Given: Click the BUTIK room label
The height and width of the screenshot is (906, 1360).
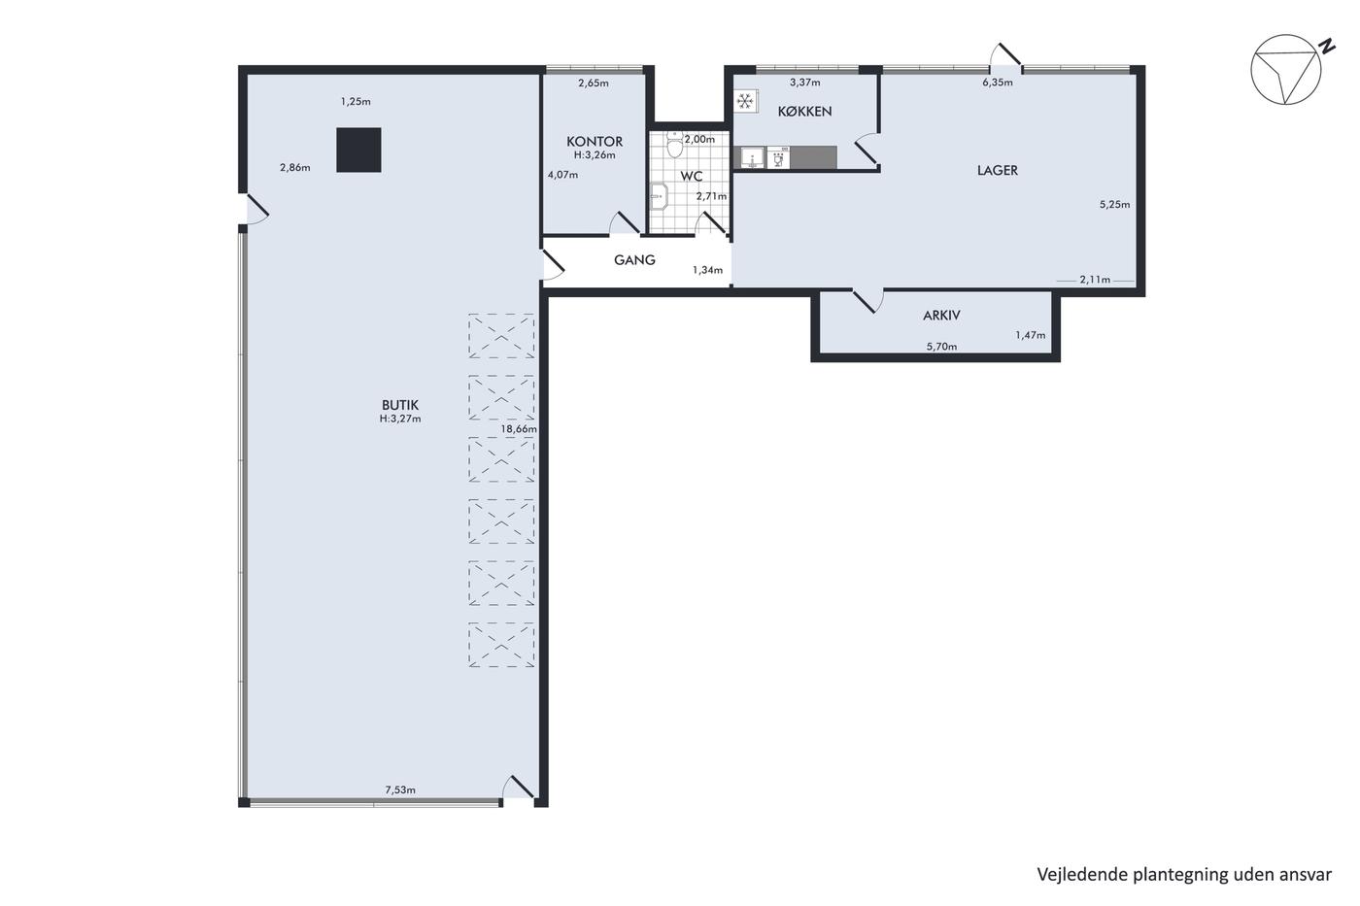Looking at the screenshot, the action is (x=400, y=405).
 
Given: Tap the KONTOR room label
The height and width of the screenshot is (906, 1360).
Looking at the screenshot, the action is (x=595, y=142).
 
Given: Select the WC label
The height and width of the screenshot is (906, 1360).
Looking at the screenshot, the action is (x=692, y=176).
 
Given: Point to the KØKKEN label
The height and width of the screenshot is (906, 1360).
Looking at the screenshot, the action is (x=804, y=111).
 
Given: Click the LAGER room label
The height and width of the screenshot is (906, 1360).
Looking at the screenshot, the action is (x=998, y=171).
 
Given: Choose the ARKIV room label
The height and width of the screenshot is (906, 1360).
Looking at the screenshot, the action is (x=941, y=316).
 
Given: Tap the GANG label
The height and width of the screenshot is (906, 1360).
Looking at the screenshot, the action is (x=634, y=259).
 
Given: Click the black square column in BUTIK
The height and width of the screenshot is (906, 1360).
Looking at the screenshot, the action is (x=358, y=150).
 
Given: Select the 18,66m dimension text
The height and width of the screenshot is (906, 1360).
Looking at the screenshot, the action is (x=519, y=429).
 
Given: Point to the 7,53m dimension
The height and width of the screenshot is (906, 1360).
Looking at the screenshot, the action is (x=400, y=789).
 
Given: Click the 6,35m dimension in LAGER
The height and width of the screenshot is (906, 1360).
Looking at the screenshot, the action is (x=998, y=83).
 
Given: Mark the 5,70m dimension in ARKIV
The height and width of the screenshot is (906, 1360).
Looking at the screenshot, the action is (x=941, y=347).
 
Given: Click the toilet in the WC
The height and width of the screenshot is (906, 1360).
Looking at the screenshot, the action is (x=674, y=144).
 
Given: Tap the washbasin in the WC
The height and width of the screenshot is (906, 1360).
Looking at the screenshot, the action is (x=659, y=196).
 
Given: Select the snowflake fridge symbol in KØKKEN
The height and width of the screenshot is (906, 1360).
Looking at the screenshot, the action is (x=745, y=101).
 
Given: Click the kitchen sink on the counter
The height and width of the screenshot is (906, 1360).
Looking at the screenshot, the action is (x=752, y=157).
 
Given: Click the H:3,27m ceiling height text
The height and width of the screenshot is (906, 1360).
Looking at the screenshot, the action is (x=400, y=419).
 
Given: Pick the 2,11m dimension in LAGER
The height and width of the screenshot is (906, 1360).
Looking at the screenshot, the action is (x=1095, y=280).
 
